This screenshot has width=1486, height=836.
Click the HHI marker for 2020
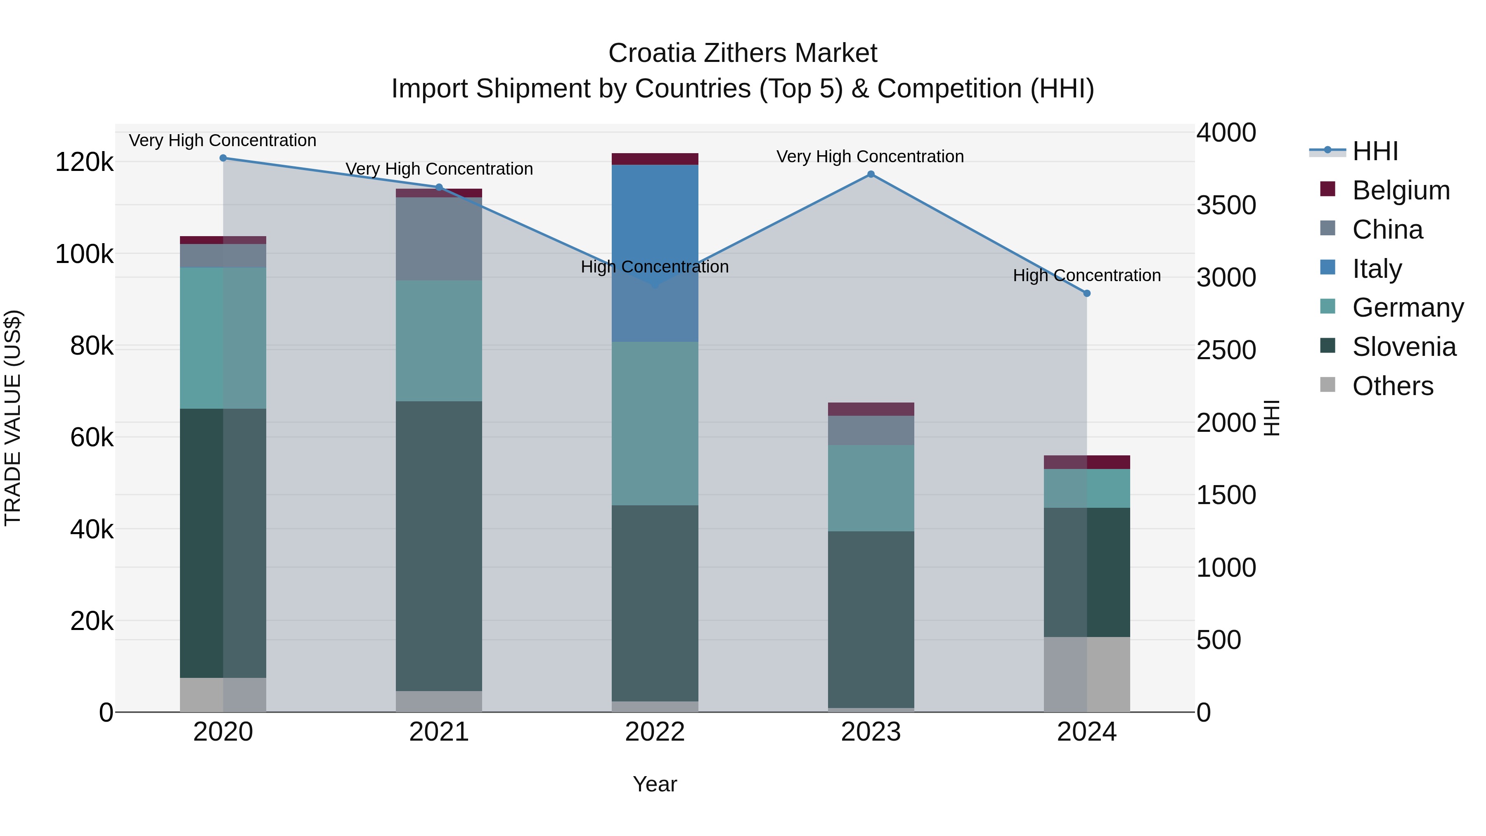(x=223, y=158)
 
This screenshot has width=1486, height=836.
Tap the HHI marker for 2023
(x=871, y=174)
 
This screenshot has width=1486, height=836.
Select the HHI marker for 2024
(x=1087, y=293)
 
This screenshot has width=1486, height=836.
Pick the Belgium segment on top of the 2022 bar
(x=655, y=159)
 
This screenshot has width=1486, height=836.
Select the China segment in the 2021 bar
(x=439, y=239)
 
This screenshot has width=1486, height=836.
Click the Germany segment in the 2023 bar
(x=871, y=488)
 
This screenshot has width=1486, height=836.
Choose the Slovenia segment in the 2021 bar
(x=439, y=546)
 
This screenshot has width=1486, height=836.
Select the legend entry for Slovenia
(x=1403, y=347)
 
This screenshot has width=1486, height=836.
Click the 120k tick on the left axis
(x=84, y=162)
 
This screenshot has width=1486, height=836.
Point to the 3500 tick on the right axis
(x=1226, y=206)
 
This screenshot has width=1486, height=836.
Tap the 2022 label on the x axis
(x=655, y=732)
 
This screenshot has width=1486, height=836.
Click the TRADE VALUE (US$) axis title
(x=13, y=418)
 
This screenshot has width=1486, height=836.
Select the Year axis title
(x=655, y=784)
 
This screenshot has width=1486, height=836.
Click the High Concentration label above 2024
(x=1087, y=276)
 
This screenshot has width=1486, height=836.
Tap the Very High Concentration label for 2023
(x=870, y=156)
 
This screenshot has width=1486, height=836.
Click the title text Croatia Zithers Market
(x=743, y=53)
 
